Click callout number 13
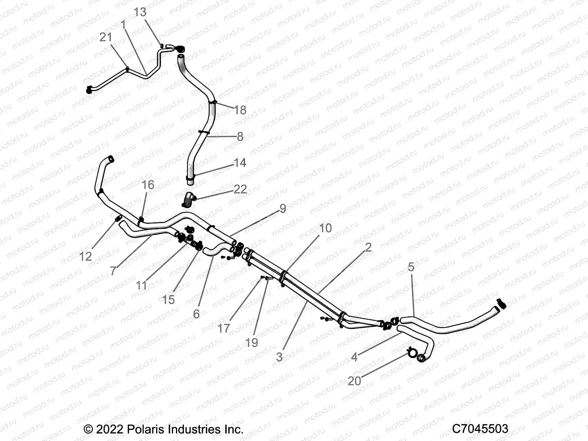(x=140, y=12)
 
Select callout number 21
(x=105, y=37)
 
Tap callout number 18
(x=240, y=110)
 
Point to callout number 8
(x=240, y=137)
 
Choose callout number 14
(x=240, y=162)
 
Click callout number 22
(x=240, y=189)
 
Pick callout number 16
(x=148, y=185)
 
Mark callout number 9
(x=283, y=208)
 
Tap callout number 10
(x=326, y=228)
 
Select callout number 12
(x=86, y=257)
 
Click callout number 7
(x=113, y=271)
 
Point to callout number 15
(x=168, y=300)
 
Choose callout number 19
(x=251, y=343)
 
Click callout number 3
(x=279, y=357)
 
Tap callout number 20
(x=354, y=381)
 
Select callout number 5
(x=411, y=267)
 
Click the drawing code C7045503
(x=480, y=429)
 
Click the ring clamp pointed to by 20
(x=412, y=353)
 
